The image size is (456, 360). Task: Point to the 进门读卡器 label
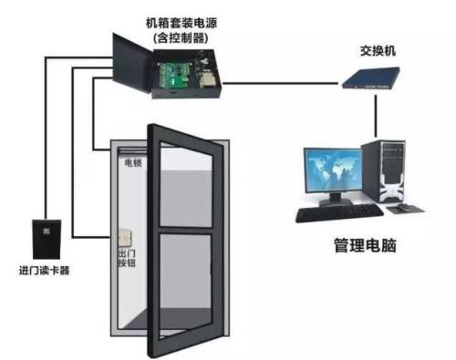pyautogui.click(x=44, y=270)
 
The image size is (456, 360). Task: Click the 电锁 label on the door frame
pyautogui.click(x=131, y=165)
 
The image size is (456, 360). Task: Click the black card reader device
pyautogui.click(x=43, y=239)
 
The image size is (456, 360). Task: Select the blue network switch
pyautogui.click(x=364, y=83)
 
